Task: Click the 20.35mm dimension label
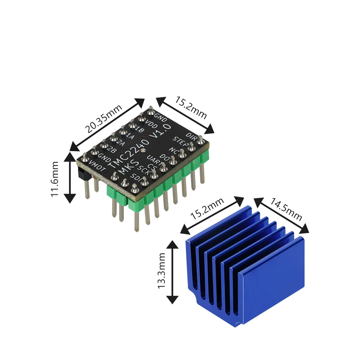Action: click(x=104, y=119)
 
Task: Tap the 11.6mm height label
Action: click(x=55, y=179)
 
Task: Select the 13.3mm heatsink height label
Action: click(x=161, y=270)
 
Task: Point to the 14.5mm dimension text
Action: click(x=286, y=209)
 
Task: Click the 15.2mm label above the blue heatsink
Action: click(x=207, y=208)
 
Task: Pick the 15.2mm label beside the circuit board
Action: click(x=191, y=107)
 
